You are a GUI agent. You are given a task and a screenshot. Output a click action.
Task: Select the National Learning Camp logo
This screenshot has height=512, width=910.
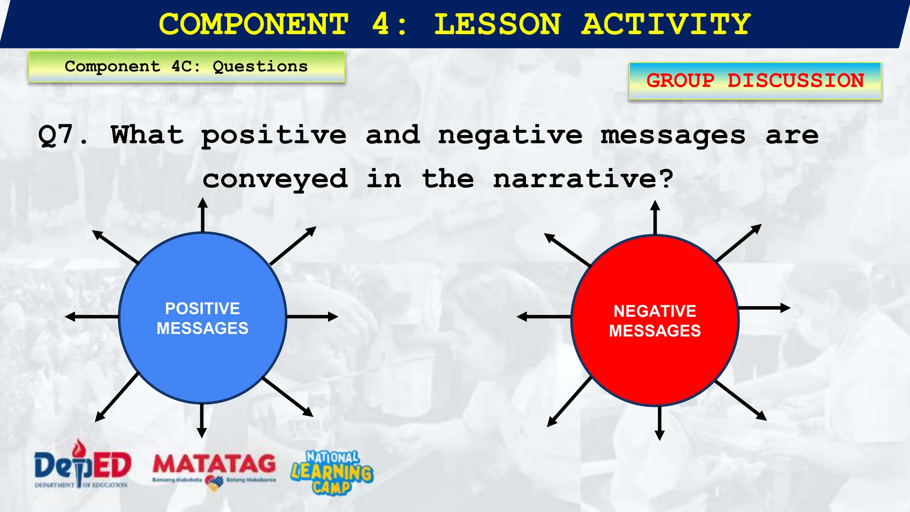(332, 472)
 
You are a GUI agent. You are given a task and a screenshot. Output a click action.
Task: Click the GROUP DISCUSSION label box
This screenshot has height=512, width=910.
(754, 81)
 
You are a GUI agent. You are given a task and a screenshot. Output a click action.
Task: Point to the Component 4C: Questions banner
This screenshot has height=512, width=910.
(186, 67)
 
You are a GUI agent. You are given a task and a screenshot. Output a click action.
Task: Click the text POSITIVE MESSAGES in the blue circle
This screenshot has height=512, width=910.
(203, 318)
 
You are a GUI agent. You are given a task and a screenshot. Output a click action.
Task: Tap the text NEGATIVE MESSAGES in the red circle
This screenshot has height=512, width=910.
(655, 321)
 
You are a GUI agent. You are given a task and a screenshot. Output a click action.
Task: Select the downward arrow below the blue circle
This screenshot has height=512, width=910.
(202, 420)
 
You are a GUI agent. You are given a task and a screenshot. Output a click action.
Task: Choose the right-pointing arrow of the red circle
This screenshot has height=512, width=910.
(764, 308)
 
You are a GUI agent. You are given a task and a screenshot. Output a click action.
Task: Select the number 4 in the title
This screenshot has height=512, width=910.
(381, 24)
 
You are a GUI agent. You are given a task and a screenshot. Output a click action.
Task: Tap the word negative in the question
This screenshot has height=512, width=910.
(510, 135)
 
